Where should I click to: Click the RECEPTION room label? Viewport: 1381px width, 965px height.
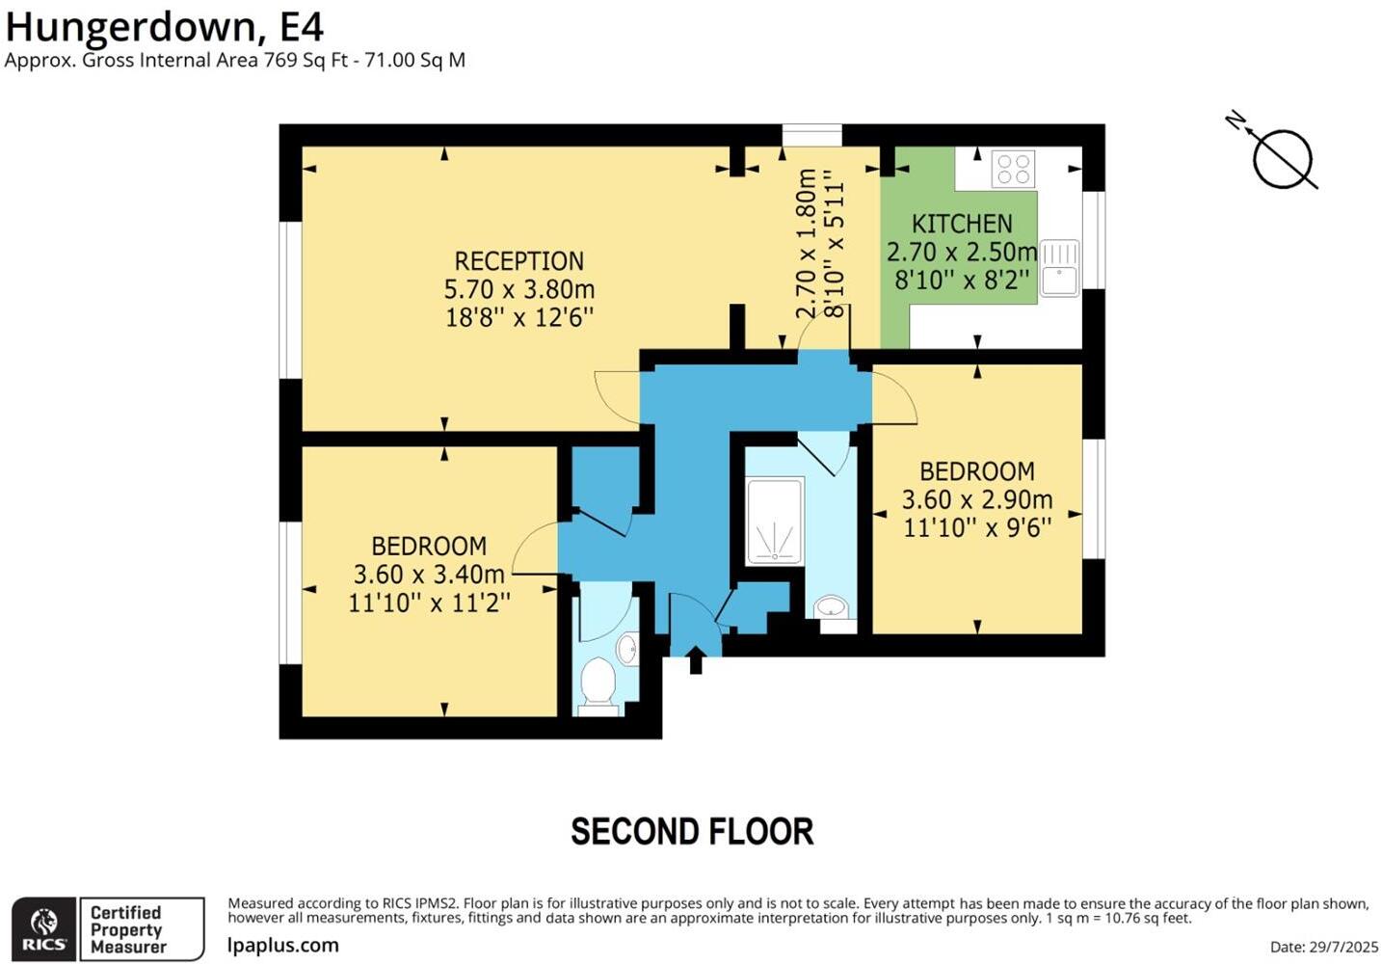[x=518, y=261]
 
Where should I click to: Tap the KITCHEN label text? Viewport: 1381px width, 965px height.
[x=962, y=224]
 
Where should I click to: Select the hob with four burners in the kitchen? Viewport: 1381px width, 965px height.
[x=1013, y=169]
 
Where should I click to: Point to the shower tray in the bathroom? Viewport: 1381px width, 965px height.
[x=775, y=522]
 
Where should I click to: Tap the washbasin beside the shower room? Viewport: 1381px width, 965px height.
[x=831, y=607]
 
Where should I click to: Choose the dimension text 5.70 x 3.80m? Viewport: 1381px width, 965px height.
[x=518, y=289]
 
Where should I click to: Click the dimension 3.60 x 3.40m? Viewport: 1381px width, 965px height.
[x=429, y=575]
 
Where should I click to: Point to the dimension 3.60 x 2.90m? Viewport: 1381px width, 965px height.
[x=976, y=499]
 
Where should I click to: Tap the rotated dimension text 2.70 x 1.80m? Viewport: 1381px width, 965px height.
[x=807, y=243]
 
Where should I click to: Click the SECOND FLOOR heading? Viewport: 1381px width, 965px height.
[x=692, y=831]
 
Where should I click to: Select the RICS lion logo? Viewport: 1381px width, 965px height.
[x=44, y=928]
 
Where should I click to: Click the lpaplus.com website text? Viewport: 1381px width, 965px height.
[x=283, y=945]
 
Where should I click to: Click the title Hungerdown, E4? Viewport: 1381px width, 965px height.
[x=164, y=26]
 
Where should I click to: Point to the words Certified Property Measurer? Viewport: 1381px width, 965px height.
[x=126, y=929]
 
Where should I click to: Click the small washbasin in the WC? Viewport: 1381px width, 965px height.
[x=627, y=649]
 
